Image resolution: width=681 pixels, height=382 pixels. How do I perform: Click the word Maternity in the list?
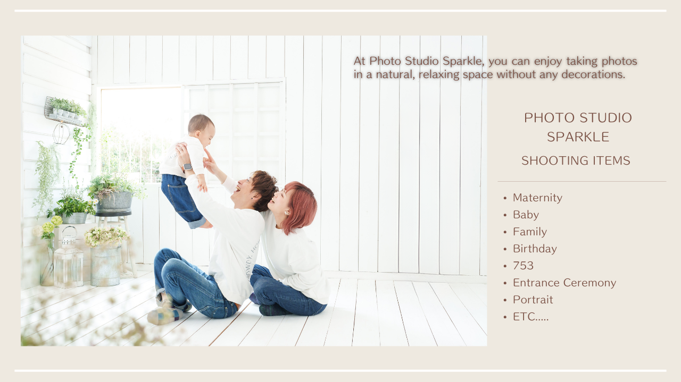[x=537, y=198]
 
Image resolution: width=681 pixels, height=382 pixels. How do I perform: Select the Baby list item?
[x=526, y=215]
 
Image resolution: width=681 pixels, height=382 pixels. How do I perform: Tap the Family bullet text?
[x=529, y=232]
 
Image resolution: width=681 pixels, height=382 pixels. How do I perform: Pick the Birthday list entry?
[x=535, y=249]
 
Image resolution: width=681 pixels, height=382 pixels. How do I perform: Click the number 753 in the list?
[x=523, y=266]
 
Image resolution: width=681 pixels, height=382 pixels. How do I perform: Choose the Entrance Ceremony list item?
[x=564, y=283]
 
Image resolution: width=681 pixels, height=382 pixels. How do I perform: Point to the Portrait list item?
[x=533, y=300]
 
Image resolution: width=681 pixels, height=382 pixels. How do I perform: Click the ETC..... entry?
[x=530, y=317]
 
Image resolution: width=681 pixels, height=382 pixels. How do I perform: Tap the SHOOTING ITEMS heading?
[x=576, y=160]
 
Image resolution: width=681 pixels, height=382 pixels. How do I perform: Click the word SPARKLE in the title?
[x=578, y=137]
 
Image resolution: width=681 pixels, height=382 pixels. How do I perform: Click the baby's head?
[x=201, y=130]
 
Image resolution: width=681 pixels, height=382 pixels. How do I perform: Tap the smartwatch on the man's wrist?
[x=187, y=167]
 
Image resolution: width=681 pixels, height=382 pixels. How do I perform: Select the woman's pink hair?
[x=300, y=207]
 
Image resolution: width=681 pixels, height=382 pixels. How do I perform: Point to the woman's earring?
[x=286, y=213]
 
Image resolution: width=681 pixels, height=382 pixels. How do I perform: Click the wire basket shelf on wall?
[x=65, y=112]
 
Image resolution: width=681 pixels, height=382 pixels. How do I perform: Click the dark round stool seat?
[x=113, y=214]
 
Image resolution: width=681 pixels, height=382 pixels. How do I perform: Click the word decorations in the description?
[x=593, y=74]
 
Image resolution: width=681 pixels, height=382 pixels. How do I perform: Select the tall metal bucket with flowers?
[x=105, y=266]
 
